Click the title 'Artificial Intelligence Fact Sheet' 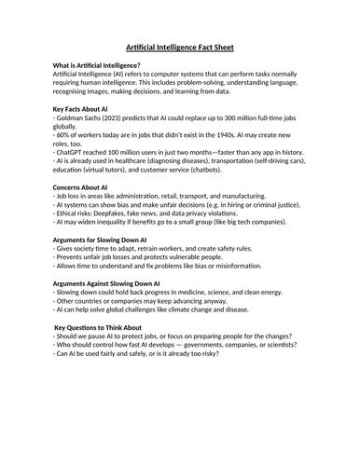point(179,48)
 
